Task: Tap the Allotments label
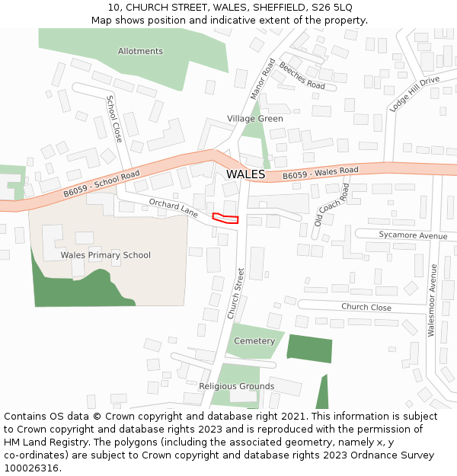point(140,51)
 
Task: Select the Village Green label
point(254,119)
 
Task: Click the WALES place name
point(245,174)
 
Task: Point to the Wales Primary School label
point(106,255)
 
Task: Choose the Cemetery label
point(254,341)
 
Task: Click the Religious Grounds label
point(236,386)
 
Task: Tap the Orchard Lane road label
point(174,208)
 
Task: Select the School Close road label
point(114,119)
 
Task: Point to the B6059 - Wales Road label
point(320,174)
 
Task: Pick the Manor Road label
point(262,78)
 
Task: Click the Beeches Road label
point(302,75)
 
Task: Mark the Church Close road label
point(366,308)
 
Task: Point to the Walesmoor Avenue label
point(432,300)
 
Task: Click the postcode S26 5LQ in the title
point(326,8)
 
